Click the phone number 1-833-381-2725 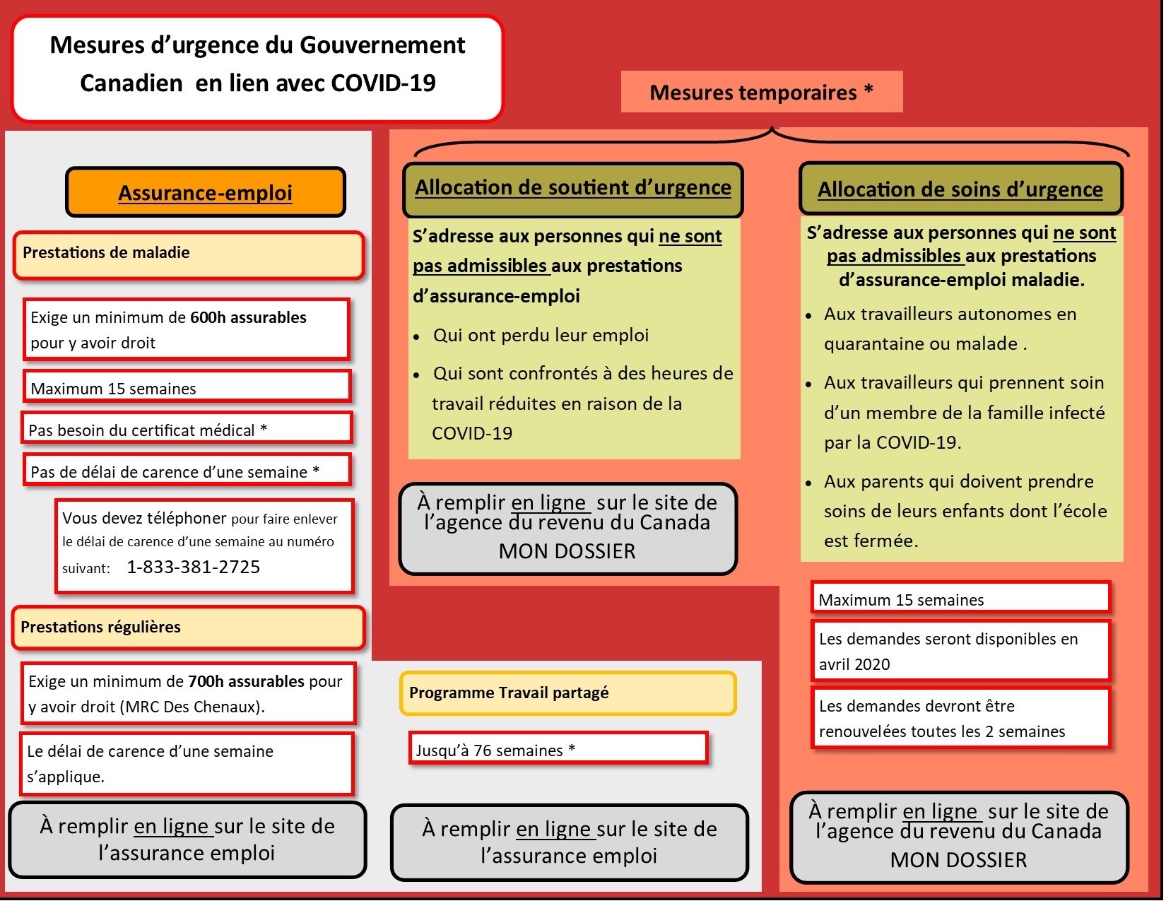[193, 567]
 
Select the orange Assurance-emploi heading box [205, 192]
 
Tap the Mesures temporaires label [761, 92]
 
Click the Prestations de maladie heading [106, 253]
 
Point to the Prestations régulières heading [100, 628]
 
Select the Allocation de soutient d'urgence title [572, 188]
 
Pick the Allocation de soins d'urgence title [960, 190]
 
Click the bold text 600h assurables [248, 318]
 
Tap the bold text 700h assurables [246, 682]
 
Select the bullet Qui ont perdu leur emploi [541, 336]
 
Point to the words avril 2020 [854, 665]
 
